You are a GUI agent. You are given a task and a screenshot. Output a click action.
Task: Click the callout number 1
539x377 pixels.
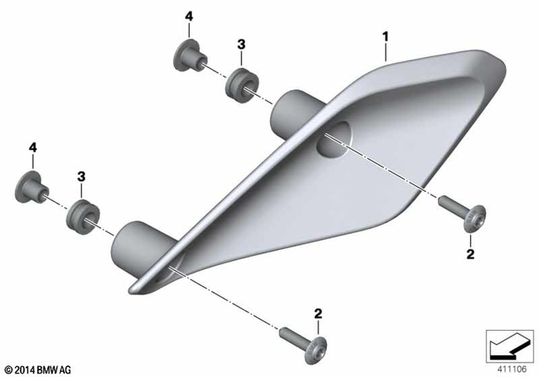click(x=385, y=37)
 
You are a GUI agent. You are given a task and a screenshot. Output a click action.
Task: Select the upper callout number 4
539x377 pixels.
click(x=189, y=16)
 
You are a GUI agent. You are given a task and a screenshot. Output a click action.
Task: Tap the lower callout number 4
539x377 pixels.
click(x=33, y=148)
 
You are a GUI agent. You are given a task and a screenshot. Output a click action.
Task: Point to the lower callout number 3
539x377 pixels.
click(x=82, y=176)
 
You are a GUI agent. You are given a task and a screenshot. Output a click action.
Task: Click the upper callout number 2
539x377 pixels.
click(x=471, y=252)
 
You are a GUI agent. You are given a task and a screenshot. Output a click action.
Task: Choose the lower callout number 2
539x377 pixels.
click(x=318, y=314)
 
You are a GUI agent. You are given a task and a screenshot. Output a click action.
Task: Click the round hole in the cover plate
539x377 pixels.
click(x=333, y=136)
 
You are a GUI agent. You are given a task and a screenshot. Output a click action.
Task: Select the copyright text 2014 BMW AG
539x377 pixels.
click(x=37, y=369)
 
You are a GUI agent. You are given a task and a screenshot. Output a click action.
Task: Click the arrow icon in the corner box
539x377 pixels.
click(x=508, y=344)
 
